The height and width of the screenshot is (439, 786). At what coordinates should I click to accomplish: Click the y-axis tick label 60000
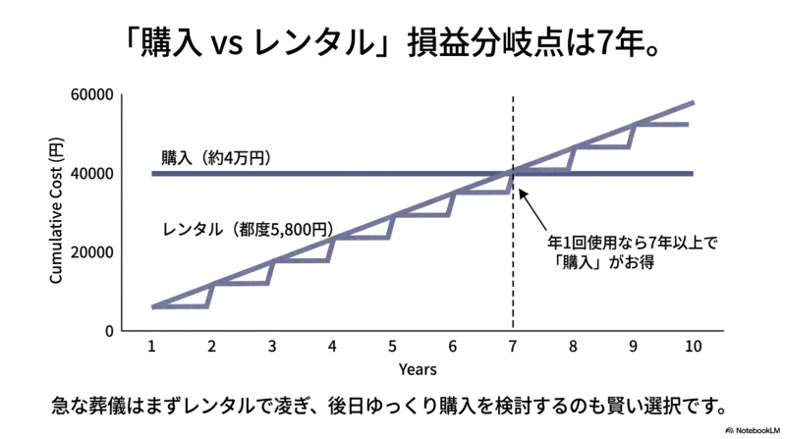point(93,95)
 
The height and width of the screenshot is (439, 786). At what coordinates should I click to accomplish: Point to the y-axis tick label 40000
point(93,174)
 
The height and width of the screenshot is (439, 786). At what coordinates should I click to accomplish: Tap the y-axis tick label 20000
point(93,252)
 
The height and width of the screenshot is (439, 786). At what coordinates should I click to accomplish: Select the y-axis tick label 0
point(110,331)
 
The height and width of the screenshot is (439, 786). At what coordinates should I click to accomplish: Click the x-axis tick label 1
point(152,347)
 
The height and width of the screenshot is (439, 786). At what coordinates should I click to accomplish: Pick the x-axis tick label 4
point(332,347)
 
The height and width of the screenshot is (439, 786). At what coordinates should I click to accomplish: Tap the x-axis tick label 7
point(513,347)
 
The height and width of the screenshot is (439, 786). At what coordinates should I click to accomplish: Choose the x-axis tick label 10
point(693,347)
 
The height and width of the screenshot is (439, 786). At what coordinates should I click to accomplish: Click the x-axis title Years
point(418,369)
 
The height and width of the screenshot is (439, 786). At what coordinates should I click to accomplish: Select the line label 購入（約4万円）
point(215,157)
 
